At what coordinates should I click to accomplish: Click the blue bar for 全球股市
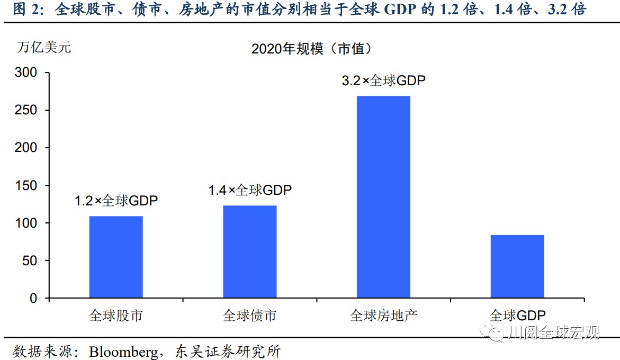(116, 257)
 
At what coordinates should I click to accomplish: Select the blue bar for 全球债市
(250, 251)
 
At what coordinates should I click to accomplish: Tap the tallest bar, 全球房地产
(383, 197)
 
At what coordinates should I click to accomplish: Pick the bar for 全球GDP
(517, 266)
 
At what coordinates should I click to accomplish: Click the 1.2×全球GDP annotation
(116, 201)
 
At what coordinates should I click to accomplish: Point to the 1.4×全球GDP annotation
(250, 190)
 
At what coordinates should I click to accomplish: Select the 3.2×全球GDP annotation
(383, 81)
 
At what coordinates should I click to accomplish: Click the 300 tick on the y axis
(26, 73)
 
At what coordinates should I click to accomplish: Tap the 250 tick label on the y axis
(26, 110)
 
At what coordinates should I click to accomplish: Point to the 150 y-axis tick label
(26, 185)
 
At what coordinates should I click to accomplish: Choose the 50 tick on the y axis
(30, 260)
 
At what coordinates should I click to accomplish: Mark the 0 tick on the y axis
(34, 298)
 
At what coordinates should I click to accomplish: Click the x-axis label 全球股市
(116, 316)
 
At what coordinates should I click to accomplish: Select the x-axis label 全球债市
(250, 316)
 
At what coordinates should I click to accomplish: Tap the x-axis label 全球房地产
(383, 316)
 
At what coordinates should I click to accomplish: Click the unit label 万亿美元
(43, 47)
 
